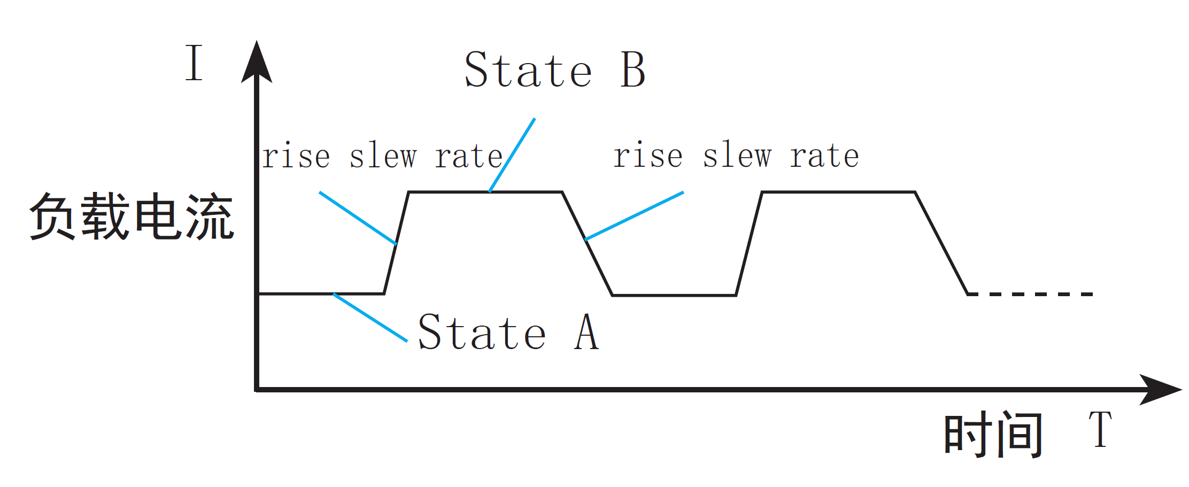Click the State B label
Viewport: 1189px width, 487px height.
[555, 70]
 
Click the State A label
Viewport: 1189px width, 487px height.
[508, 333]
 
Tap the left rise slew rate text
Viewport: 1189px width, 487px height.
[382, 156]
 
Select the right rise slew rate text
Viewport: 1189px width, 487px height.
[736, 156]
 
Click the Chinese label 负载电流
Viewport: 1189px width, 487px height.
[132, 216]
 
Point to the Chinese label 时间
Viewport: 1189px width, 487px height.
[993, 434]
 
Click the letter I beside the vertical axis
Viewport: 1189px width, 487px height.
[194, 63]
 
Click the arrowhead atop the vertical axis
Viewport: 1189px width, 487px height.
[257, 63]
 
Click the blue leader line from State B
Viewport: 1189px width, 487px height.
[512, 155]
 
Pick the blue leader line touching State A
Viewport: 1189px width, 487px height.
[370, 317]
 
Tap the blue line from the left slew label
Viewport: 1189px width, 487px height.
[357, 218]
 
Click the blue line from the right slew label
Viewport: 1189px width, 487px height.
[635, 215]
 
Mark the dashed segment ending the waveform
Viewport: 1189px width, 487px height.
[1031, 294]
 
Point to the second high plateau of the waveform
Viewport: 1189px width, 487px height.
[838, 191]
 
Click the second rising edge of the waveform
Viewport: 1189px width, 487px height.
[749, 243]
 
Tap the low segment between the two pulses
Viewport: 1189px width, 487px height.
[674, 295]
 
